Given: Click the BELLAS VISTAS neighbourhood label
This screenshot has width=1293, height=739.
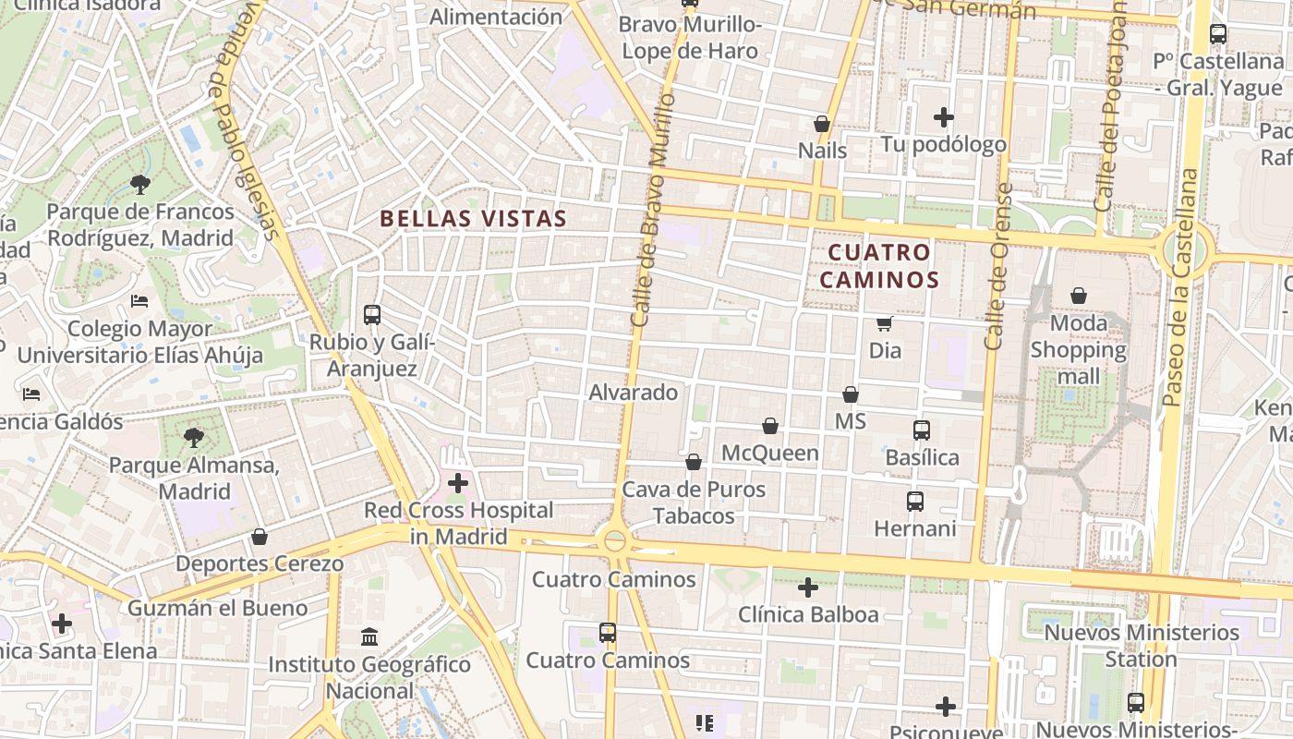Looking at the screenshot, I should pos(473,219).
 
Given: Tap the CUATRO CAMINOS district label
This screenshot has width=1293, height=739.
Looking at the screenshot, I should pos(883,266).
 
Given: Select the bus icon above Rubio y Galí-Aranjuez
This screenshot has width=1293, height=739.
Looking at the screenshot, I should pos(372,315).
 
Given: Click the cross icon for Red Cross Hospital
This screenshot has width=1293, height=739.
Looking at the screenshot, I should pos(458,482).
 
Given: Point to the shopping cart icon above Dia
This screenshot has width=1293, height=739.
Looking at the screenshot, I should pos(885,323).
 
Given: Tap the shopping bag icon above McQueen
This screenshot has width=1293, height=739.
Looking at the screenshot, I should pos(770,426).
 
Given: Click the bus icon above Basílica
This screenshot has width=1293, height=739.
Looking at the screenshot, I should pos(922,430).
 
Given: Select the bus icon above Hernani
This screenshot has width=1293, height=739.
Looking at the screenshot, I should pos(915,502).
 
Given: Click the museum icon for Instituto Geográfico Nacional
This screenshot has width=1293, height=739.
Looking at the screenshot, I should pos(370,636).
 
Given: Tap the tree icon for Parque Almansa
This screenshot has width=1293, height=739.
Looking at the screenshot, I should pos(194,438).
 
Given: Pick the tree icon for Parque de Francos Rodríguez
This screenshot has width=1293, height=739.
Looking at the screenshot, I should pos(140,185).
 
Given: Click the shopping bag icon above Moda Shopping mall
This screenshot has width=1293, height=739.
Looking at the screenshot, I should pos(1079,296).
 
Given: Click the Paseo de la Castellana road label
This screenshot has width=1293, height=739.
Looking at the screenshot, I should pos(1181,287).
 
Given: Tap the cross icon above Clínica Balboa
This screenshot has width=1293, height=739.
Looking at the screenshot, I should pos(808,588).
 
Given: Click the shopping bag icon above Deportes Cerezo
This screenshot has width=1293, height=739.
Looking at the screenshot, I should pos(260,537).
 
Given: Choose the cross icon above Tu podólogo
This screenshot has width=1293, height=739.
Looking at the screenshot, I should pos(943,117).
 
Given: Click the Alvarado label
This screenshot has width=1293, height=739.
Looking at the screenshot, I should pos(634,393).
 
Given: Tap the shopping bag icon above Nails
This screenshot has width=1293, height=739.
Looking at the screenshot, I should pos(822,124).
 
